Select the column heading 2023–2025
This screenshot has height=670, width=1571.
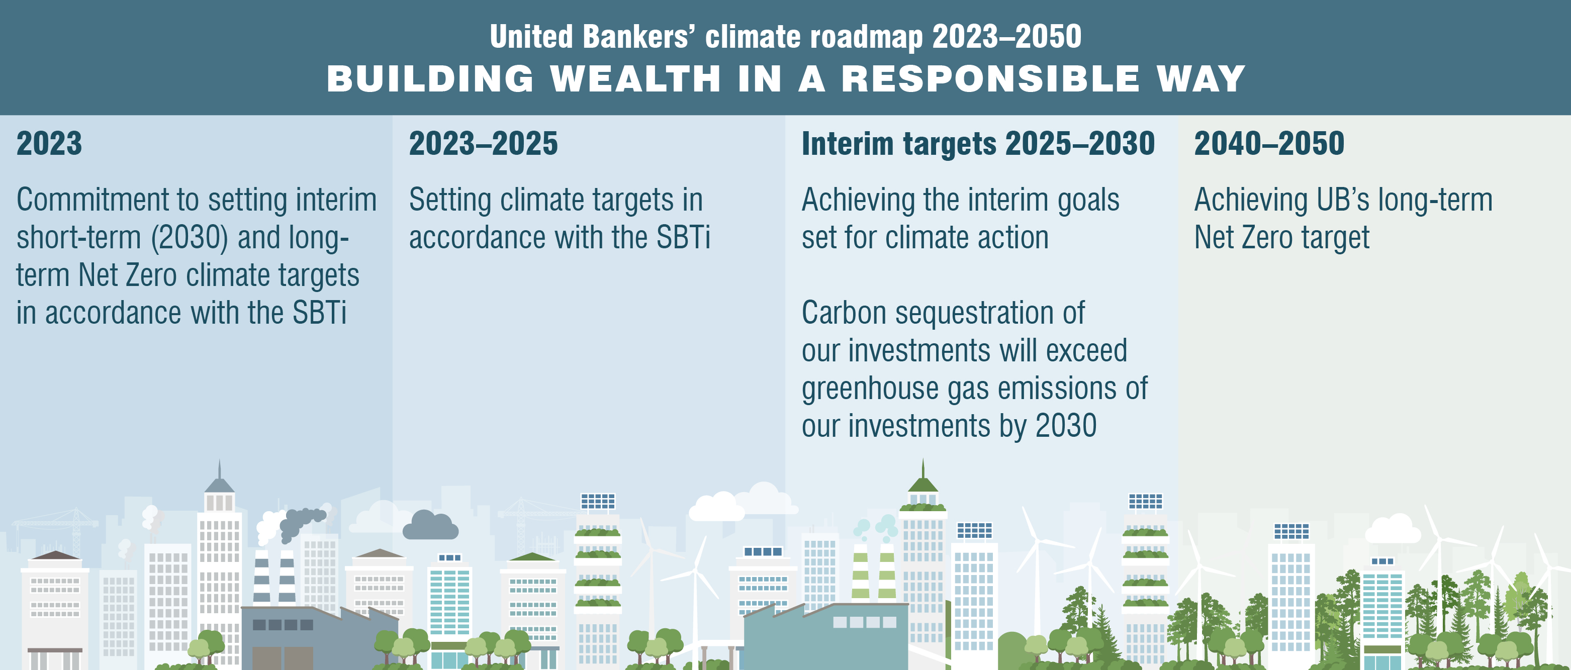[483, 143]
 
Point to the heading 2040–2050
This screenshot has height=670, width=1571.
[1269, 143]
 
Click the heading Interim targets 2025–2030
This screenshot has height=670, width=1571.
[978, 144]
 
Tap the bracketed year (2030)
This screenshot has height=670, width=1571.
[189, 238]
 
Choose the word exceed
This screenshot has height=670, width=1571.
[1087, 350]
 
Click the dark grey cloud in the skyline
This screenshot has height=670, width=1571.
[430, 526]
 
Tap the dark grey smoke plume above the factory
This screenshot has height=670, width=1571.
[301, 522]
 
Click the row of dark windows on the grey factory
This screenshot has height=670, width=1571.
[283, 624]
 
